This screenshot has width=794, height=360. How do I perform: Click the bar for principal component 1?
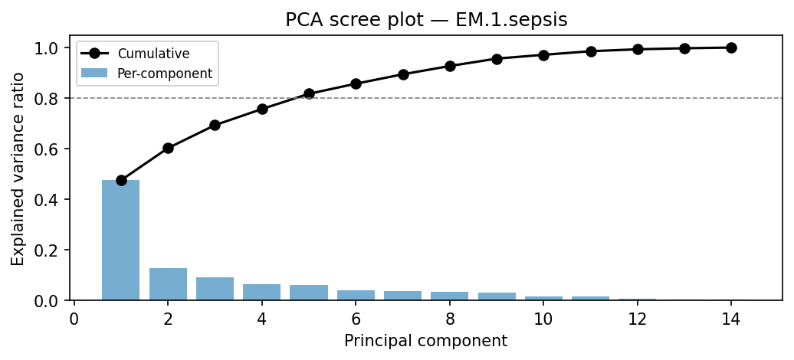[121, 241]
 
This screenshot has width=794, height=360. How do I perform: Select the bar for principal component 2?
[168, 284]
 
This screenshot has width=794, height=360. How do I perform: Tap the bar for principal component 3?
[215, 289]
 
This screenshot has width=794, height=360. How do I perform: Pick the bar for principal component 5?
[309, 293]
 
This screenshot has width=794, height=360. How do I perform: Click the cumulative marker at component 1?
[121, 180]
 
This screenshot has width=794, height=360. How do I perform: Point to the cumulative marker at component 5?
[309, 93]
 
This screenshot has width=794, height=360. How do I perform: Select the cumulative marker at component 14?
[731, 47]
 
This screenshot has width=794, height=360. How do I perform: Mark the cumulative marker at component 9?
[497, 59]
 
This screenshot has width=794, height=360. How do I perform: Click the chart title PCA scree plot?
[426, 20]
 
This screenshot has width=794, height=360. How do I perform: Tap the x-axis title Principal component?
[425, 341]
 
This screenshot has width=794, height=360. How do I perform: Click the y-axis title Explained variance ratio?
[18, 169]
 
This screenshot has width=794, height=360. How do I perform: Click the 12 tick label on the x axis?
[637, 318]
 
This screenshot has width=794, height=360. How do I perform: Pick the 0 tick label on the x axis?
[74, 318]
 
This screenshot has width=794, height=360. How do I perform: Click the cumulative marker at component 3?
[215, 125]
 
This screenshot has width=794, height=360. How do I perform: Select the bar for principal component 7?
[402, 296]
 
